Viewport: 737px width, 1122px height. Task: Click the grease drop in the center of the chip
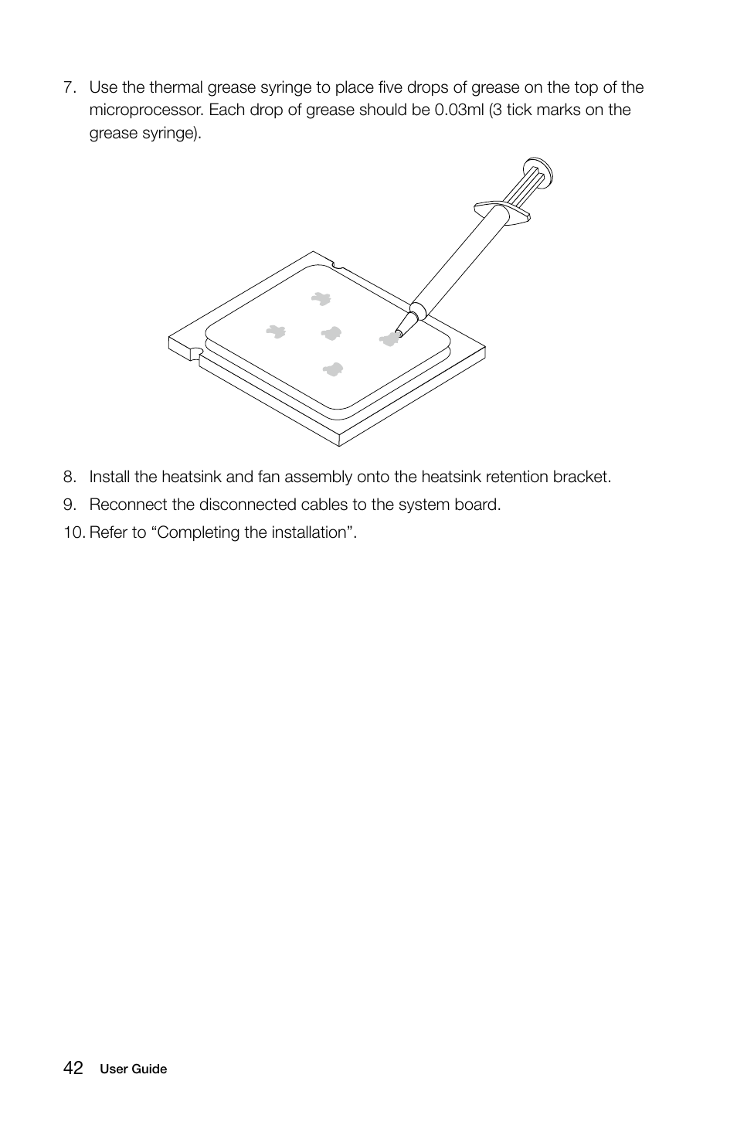pos(331,334)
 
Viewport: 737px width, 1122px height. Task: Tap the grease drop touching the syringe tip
pos(389,338)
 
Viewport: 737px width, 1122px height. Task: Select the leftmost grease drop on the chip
pos(276,331)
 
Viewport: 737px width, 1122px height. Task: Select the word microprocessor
pos(145,110)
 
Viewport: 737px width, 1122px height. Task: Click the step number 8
pos(70,477)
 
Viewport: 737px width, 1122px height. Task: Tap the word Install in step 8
pos(109,477)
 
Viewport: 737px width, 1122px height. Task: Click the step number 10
pos(73,532)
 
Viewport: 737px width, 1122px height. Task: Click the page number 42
pos(73,1068)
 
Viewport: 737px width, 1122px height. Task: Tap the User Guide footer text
pos(133,1069)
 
